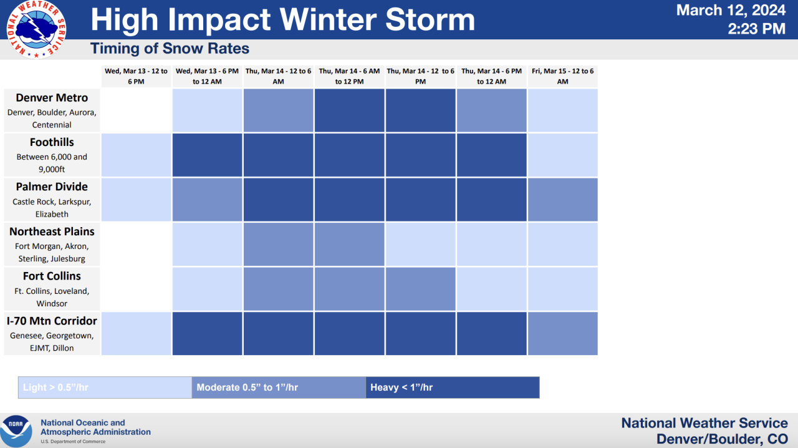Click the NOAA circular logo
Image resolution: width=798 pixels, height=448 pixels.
click(x=16, y=431)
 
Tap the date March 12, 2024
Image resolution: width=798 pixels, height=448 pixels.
click(x=731, y=10)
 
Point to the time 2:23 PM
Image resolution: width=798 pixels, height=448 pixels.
click(x=756, y=29)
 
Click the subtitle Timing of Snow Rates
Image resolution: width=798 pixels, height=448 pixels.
click(x=170, y=49)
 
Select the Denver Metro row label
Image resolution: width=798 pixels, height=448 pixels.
click(x=52, y=98)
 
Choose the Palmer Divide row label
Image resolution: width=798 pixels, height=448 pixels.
click(x=52, y=187)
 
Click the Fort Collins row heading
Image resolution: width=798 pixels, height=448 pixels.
click(x=52, y=276)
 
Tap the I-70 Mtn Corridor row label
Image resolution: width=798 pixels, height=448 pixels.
click(x=52, y=321)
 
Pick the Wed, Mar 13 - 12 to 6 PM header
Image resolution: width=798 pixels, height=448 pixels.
click(x=136, y=76)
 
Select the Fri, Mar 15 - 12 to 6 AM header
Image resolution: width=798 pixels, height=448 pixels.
click(x=562, y=76)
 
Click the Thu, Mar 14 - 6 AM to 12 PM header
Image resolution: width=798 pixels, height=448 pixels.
click(x=349, y=76)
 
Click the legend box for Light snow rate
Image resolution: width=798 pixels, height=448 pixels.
click(x=105, y=387)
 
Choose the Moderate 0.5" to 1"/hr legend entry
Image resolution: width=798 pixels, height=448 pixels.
click(x=279, y=387)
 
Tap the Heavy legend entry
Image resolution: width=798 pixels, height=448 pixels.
click(x=452, y=387)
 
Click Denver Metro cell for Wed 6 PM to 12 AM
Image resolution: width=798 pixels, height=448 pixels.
click(x=207, y=110)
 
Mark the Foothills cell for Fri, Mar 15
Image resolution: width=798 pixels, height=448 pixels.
click(x=562, y=155)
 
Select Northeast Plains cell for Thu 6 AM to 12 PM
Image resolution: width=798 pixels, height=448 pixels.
click(x=349, y=244)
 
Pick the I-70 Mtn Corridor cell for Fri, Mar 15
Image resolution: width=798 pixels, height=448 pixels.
click(x=562, y=333)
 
